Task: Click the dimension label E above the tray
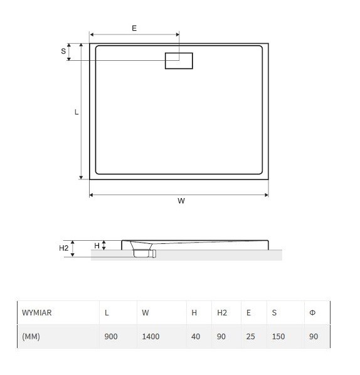pyautogui.click(x=134, y=28)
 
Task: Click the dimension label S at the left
pyautogui.click(x=63, y=51)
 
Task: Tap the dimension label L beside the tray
pyautogui.click(x=77, y=112)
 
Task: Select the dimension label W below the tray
pyautogui.click(x=181, y=201)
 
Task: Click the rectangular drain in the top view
pyautogui.click(x=179, y=61)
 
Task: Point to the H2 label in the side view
pyautogui.click(x=64, y=248)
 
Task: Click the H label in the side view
pyautogui.click(x=97, y=246)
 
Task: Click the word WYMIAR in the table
pyautogui.click(x=36, y=312)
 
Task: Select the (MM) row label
pyautogui.click(x=31, y=336)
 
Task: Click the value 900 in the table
pyautogui.click(x=111, y=336)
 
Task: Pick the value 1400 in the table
pyautogui.click(x=151, y=336)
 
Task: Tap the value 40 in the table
pyautogui.click(x=196, y=336)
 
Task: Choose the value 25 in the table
pyautogui.click(x=251, y=336)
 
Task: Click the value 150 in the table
pyautogui.click(x=278, y=336)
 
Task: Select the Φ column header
pyautogui.click(x=312, y=312)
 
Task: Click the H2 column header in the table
pyautogui.click(x=222, y=312)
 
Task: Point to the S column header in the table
pyautogui.click(x=274, y=312)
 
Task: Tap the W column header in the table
pyautogui.click(x=146, y=312)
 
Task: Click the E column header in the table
pyautogui.click(x=248, y=312)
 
